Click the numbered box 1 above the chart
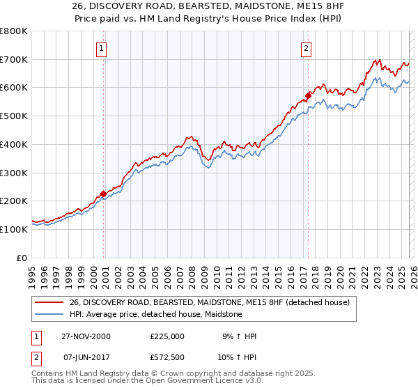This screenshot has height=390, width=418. point(102,49)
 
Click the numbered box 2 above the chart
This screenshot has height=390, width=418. point(306,49)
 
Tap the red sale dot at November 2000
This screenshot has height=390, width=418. point(104,194)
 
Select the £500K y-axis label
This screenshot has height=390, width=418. point(14,116)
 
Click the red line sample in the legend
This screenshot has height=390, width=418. point(49,302)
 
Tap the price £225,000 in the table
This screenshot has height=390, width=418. point(167,336)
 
